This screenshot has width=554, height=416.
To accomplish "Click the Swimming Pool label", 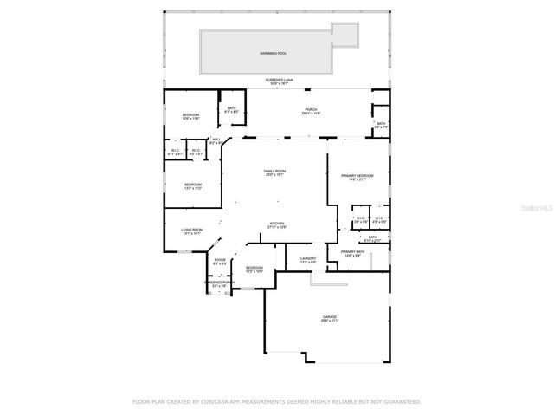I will pyautogui.click(x=272, y=54).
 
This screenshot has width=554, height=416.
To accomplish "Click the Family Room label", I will pyautogui.click(x=275, y=172).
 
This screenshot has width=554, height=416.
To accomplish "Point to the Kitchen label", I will pyautogui.click(x=277, y=224).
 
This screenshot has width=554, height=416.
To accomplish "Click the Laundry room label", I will pyautogui.click(x=307, y=258).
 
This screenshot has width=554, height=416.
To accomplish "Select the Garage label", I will pyautogui.click(x=330, y=317).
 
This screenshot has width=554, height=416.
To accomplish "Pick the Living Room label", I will pyautogui.click(x=191, y=230).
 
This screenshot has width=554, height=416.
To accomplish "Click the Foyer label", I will pyautogui.click(x=220, y=259).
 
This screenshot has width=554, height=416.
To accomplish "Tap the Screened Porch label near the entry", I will pyautogui.click(x=219, y=282).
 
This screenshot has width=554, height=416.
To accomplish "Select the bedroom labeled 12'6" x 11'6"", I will pyautogui.click(x=190, y=115).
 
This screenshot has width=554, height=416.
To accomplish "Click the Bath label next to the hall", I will pyautogui.click(x=231, y=108).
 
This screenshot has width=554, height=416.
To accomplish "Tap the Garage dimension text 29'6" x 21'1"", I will pyautogui.click(x=330, y=322).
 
